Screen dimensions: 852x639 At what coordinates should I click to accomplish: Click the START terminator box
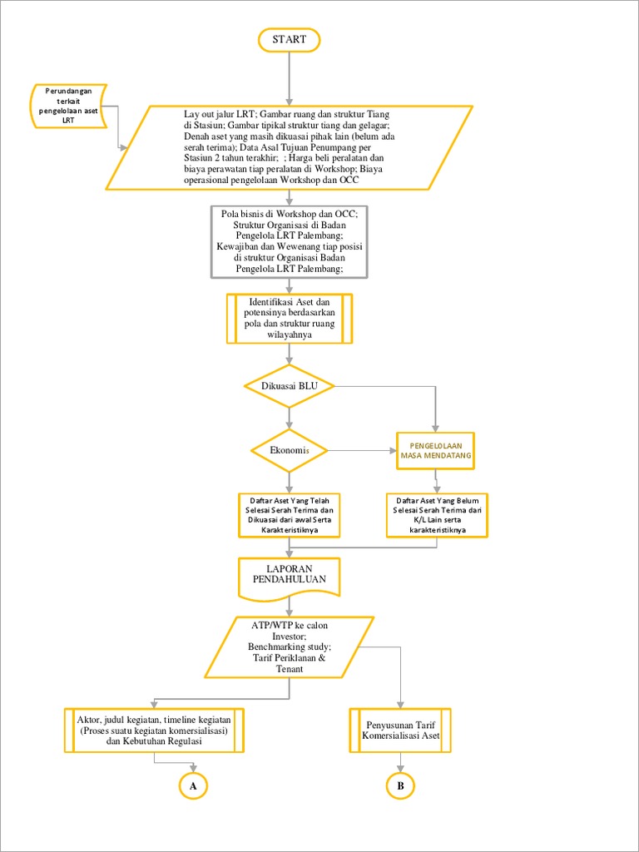[289, 39]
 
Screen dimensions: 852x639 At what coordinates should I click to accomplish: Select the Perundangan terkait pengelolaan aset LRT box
[70, 106]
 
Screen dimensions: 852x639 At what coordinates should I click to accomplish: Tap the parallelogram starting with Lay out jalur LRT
[290, 146]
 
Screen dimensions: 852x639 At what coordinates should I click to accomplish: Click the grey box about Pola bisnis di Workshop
[289, 241]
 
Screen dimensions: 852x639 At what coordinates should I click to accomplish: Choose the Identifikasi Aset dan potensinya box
[289, 318]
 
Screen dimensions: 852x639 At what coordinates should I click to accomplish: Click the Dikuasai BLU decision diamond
[289, 385]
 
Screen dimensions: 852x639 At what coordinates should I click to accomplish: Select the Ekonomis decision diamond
[289, 450]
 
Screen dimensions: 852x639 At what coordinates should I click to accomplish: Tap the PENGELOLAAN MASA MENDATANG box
[435, 451]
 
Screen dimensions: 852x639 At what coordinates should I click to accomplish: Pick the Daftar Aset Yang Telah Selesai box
[289, 514]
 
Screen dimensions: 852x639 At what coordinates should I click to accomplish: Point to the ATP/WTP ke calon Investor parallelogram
[289, 646]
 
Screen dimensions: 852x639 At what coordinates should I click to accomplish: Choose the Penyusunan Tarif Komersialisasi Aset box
[400, 730]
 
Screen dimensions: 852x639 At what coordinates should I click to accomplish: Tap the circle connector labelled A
[193, 785]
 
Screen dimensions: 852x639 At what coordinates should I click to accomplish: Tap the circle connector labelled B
[400, 785]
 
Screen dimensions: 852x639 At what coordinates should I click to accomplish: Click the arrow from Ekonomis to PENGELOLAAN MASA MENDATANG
[361, 451]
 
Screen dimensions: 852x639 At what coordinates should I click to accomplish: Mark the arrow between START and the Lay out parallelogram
[289, 78]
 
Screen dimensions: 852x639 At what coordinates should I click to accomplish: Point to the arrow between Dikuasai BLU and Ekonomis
[289, 418]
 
